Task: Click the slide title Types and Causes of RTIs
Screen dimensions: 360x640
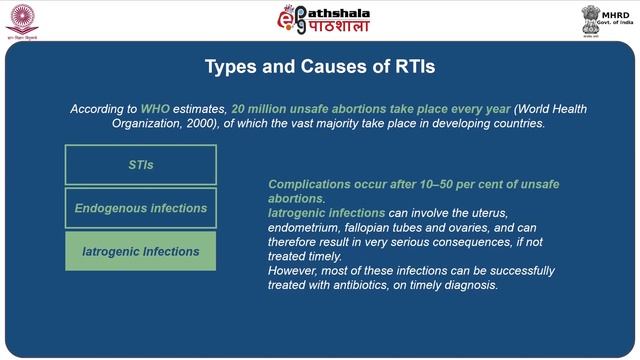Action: click(x=320, y=67)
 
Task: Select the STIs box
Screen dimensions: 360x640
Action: click(x=141, y=164)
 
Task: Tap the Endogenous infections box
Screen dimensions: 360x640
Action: click(x=141, y=208)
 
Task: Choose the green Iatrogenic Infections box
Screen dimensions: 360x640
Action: click(x=141, y=251)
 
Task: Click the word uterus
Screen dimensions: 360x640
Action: click(x=486, y=213)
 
